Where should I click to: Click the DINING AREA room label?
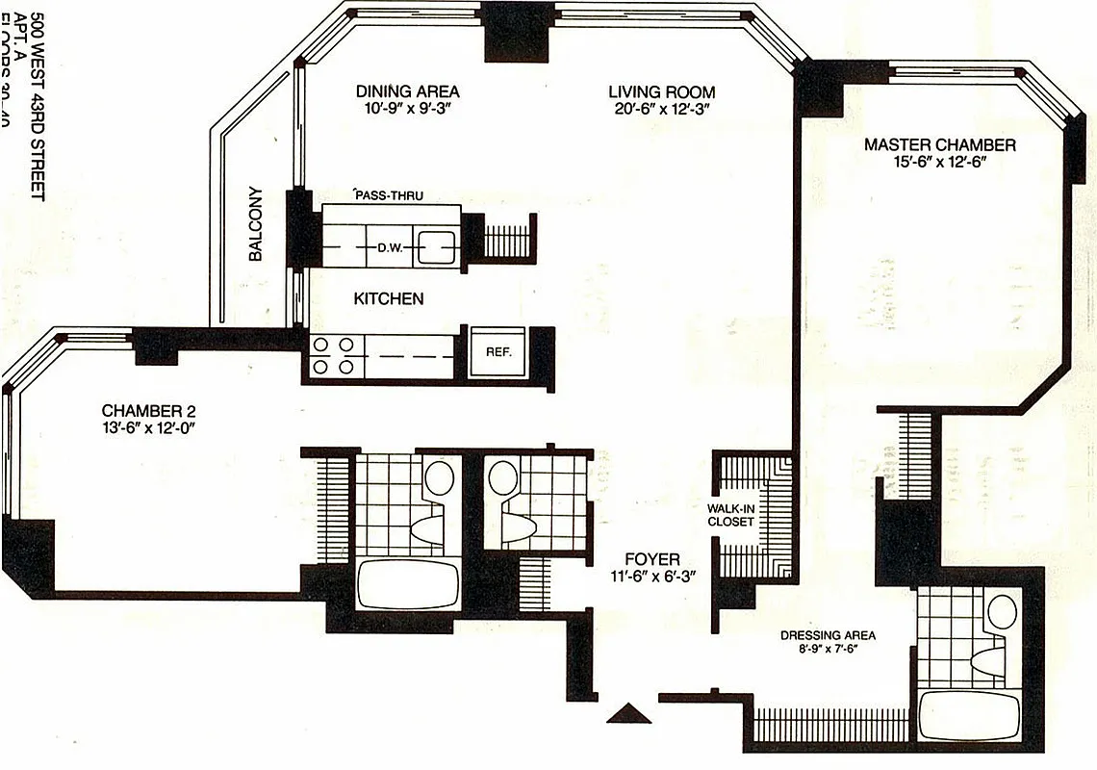[x=407, y=91]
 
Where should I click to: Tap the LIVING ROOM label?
[x=661, y=91]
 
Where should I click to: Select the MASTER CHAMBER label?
[x=939, y=144]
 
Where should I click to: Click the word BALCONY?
[x=256, y=223]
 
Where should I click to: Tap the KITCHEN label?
[x=388, y=298]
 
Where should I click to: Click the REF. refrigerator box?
[x=497, y=352]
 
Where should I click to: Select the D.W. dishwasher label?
[x=389, y=247]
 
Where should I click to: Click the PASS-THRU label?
[x=388, y=195]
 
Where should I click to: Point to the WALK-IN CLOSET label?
[x=731, y=514]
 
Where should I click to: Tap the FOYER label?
[x=651, y=559]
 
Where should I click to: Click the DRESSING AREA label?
[x=828, y=635]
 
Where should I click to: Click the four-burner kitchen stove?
[x=332, y=354]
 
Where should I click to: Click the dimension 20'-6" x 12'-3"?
[x=661, y=110]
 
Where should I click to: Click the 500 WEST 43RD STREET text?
[x=37, y=105]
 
